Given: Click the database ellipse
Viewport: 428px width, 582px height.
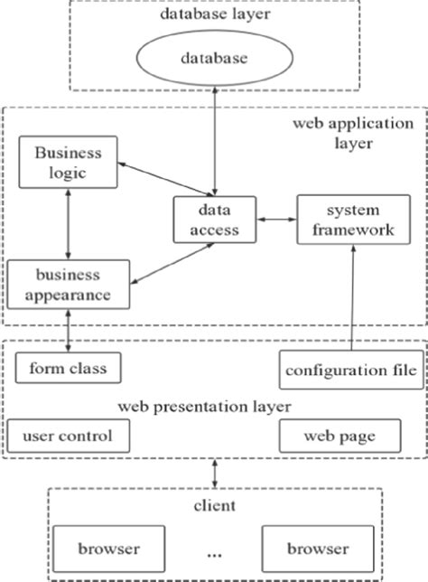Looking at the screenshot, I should (x=214, y=59).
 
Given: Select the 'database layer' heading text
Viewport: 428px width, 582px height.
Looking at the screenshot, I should (x=214, y=14).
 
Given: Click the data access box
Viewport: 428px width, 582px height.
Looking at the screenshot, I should (x=215, y=220).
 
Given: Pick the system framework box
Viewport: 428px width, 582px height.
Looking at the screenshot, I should (x=346, y=220).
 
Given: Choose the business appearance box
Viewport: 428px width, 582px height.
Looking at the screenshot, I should (x=67, y=283).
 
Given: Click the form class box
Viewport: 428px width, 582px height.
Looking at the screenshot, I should (x=68, y=368).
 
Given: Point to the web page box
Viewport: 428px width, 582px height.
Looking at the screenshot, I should (x=339, y=436).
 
